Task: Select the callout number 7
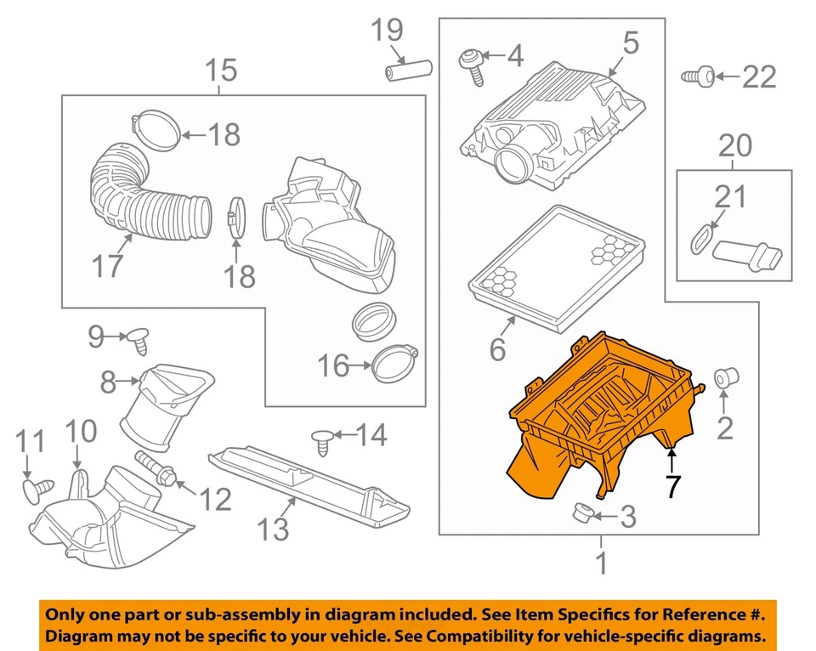(672, 487)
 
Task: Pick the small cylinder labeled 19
(409, 69)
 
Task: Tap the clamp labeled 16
(396, 365)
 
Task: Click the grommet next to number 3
(582, 513)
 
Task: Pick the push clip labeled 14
(321, 439)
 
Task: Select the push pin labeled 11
(36, 487)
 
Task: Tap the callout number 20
(734, 145)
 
